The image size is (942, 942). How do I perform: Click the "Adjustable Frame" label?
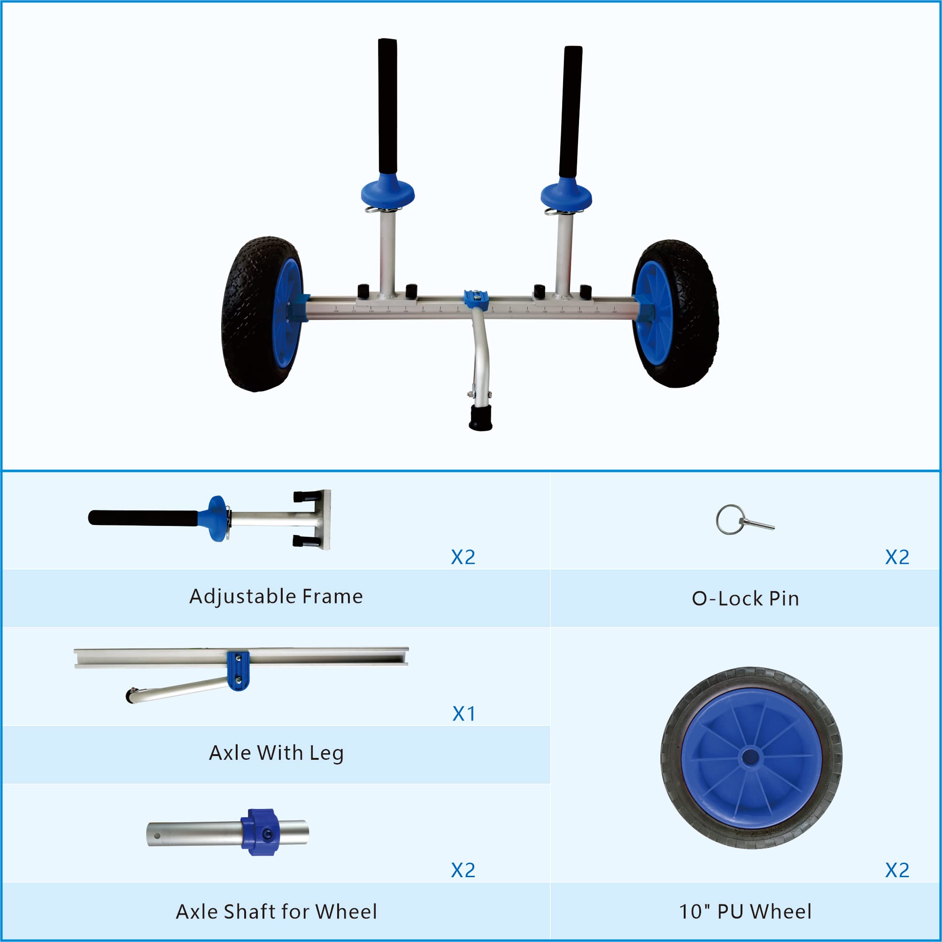(276, 596)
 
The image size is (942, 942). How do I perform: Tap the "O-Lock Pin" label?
(745, 598)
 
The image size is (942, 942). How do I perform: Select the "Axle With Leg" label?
(276, 752)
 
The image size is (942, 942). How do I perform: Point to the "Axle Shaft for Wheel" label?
(276, 911)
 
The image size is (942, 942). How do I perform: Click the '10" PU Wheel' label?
(745, 911)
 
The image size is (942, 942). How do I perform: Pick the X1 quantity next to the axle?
(463, 713)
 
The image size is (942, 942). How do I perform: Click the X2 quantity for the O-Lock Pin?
(897, 557)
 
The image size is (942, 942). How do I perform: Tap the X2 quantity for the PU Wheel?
(897, 870)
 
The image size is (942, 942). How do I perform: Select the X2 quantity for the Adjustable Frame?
(463, 557)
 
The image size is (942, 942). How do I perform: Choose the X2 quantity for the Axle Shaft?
(463, 870)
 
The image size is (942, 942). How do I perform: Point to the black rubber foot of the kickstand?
(481, 418)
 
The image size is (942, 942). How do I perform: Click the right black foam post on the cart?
(571, 112)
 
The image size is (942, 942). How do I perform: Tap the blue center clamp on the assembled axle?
(476, 298)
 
